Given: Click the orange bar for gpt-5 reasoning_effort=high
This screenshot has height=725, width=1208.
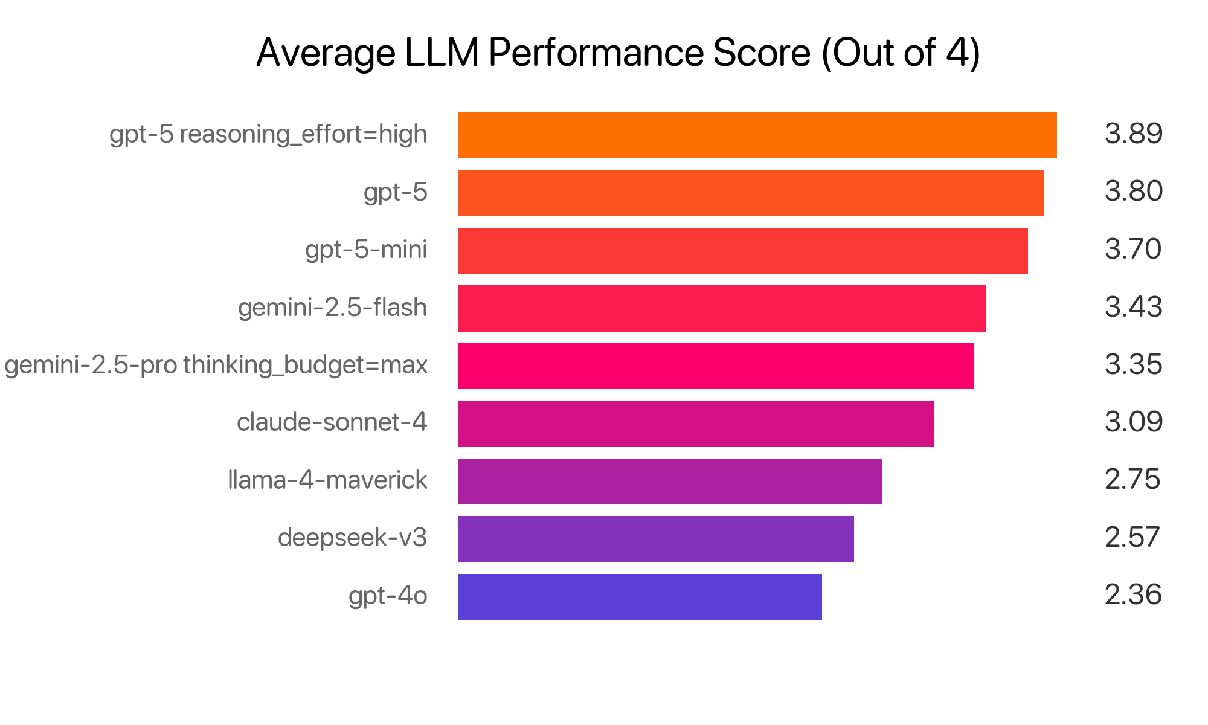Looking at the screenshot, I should pyautogui.click(x=757, y=135).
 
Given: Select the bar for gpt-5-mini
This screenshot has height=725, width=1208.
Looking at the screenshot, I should pyautogui.click(x=743, y=251).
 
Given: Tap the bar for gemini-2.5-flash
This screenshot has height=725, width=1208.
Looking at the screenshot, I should pyautogui.click(x=722, y=308).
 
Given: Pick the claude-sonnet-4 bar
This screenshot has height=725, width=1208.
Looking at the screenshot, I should pyautogui.click(x=696, y=424).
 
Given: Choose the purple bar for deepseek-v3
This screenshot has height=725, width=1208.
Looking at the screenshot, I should pyautogui.click(x=656, y=539).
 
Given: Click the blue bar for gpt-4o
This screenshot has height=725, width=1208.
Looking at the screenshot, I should pyautogui.click(x=640, y=596).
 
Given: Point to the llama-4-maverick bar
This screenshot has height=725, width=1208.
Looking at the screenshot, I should pyautogui.click(x=670, y=482).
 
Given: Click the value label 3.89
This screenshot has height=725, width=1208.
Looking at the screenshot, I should pyautogui.click(x=1133, y=134).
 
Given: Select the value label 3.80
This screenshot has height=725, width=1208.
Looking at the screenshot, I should pyautogui.click(x=1133, y=192).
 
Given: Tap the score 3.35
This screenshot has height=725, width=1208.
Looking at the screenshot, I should pyautogui.click(x=1133, y=364).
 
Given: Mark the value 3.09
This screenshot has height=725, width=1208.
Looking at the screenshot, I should pyautogui.click(x=1133, y=422).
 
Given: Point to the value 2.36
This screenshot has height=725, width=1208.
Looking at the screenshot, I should pyautogui.click(x=1133, y=594).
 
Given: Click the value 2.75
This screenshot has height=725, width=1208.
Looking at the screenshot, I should pyautogui.click(x=1132, y=480).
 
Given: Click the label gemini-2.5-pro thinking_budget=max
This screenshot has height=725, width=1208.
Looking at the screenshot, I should pyautogui.click(x=216, y=365).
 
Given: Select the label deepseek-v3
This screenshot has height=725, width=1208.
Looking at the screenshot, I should pyautogui.click(x=352, y=538).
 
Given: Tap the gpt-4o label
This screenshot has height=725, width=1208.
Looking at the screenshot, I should pyautogui.click(x=388, y=596).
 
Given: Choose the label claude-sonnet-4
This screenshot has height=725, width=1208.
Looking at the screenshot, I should pyautogui.click(x=332, y=422).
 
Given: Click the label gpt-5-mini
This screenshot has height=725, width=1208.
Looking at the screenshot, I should pyautogui.click(x=366, y=250).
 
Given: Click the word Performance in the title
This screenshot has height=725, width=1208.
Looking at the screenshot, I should pyautogui.click(x=596, y=53).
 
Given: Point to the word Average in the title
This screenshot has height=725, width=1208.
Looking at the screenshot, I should pyautogui.click(x=326, y=54).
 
